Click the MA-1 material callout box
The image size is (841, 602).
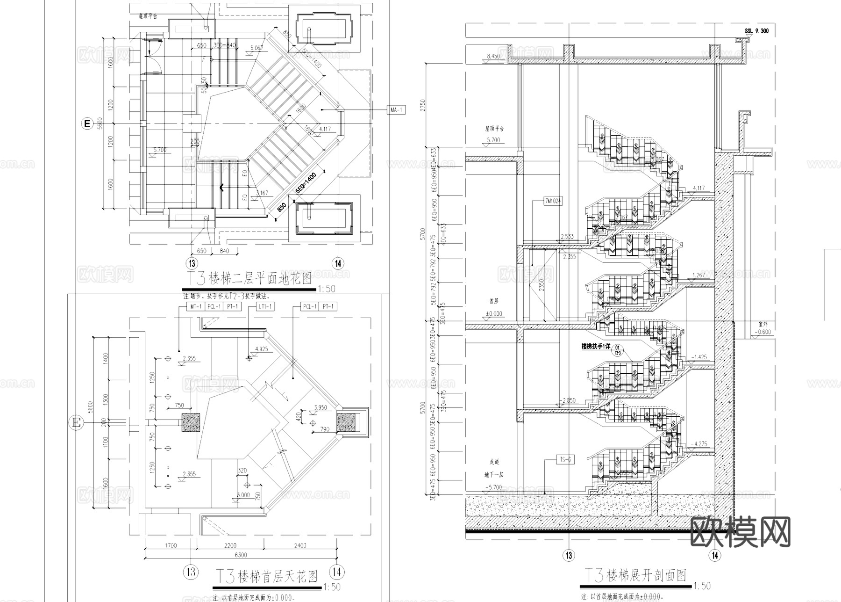point(396,110)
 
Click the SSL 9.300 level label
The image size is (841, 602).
point(756,31)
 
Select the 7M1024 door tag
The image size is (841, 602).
point(553,201)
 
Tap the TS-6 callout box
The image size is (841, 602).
point(565,460)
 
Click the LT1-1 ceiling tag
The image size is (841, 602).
point(265,307)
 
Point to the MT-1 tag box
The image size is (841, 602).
point(196,307)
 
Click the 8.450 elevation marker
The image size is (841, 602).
point(493,57)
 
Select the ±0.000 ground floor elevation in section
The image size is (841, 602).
point(494,314)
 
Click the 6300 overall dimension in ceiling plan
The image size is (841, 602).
point(241,555)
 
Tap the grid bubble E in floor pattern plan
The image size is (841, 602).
point(86,124)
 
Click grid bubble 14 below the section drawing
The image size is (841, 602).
point(715,556)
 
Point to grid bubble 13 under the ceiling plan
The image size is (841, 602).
point(191,572)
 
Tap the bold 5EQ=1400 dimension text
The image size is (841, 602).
point(306,183)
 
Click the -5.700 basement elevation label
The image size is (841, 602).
point(493,487)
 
